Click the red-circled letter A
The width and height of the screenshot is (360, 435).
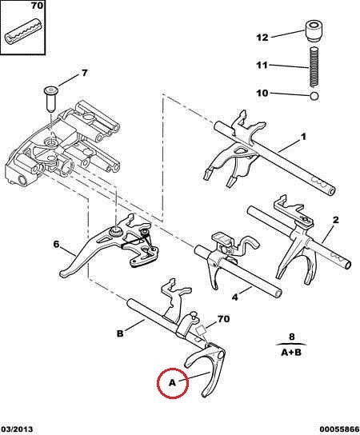click(x=172, y=383)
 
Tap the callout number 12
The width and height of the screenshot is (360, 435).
click(x=262, y=38)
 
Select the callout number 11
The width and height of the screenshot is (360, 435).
click(x=262, y=66)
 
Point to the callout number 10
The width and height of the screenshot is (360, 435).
click(x=262, y=93)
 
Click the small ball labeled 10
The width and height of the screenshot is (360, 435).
click(x=314, y=96)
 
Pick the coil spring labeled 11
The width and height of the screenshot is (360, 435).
click(x=314, y=66)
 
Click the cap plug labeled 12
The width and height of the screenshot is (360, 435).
click(x=314, y=31)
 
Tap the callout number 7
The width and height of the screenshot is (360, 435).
click(x=84, y=73)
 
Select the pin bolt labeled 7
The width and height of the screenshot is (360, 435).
click(x=50, y=98)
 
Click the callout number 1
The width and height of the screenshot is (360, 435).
click(x=304, y=137)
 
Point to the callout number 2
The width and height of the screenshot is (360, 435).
click(x=335, y=220)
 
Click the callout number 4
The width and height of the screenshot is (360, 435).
click(x=235, y=297)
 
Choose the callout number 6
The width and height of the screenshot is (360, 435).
click(x=56, y=245)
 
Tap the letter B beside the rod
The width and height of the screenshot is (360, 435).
click(x=120, y=333)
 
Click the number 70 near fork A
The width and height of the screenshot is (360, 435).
click(x=223, y=319)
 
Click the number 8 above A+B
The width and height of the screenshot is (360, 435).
click(x=291, y=337)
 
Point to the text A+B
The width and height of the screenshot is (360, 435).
click(x=291, y=353)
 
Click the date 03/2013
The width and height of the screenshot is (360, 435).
click(x=17, y=429)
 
